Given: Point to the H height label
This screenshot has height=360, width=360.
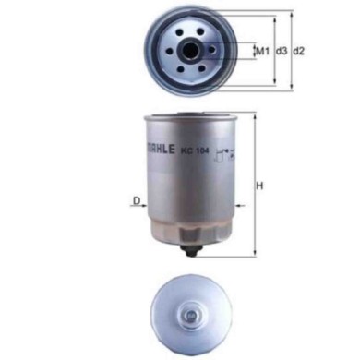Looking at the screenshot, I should (x=261, y=185).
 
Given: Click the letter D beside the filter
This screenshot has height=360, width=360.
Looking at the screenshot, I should (x=135, y=200).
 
